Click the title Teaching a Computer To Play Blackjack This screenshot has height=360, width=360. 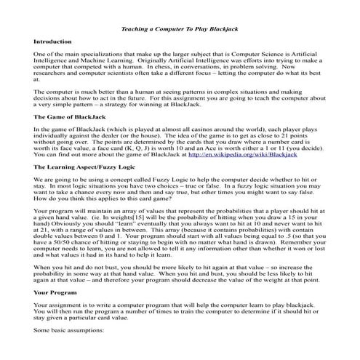(179, 28)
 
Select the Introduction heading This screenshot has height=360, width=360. (54, 42)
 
